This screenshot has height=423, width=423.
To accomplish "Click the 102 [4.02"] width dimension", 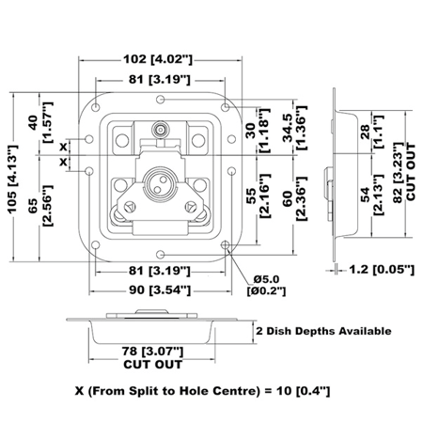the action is click(158, 59).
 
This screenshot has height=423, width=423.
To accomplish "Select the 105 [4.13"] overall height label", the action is click(13, 180).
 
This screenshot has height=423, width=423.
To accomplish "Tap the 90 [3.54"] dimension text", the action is click(160, 290).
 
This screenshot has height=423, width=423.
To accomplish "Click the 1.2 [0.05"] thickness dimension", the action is click(382, 270).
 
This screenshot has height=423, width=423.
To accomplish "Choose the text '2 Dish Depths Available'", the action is click(323, 331).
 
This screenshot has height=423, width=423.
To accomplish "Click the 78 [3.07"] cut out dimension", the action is click(152, 358).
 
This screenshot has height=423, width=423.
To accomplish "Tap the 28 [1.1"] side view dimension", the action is click(371, 132).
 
